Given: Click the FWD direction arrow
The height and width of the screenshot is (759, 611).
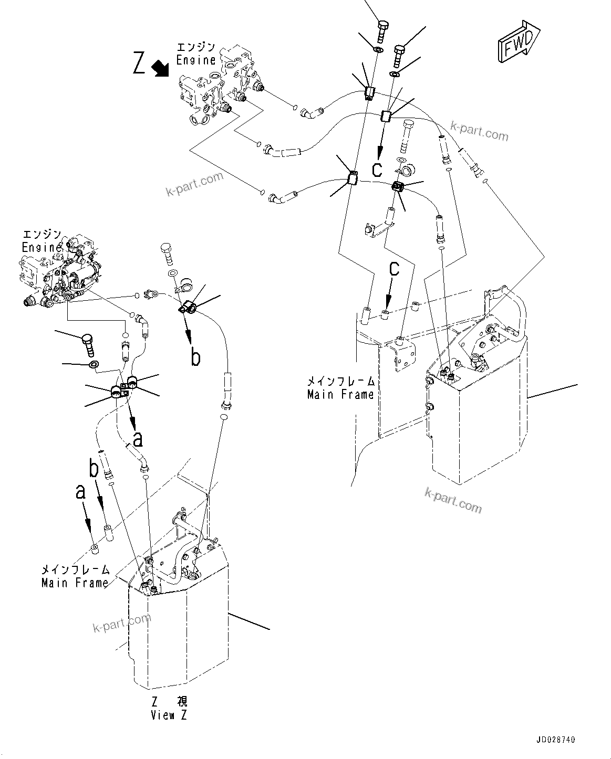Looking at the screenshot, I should click(518, 41).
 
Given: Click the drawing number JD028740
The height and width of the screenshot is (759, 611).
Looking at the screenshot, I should click(555, 740).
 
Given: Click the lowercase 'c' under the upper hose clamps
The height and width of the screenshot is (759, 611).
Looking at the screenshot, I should click(377, 169).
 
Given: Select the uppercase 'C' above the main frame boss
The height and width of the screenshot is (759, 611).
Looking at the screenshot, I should click(394, 269).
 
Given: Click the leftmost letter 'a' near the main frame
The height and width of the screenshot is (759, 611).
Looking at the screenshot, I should click(80, 492).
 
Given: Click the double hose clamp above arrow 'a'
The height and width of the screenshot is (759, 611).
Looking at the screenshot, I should click(124, 388).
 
